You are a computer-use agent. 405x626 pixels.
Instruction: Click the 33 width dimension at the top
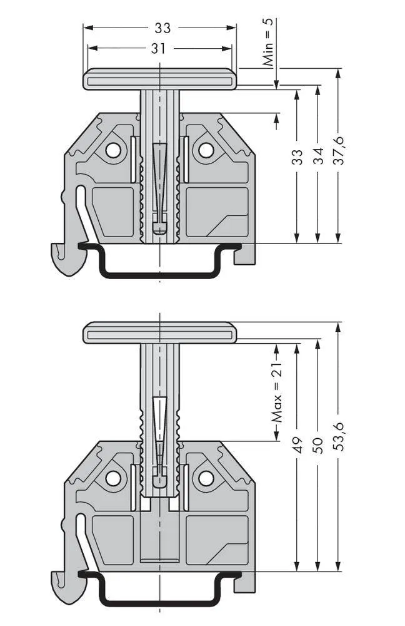[x=162, y=28]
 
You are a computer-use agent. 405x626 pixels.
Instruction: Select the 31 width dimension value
[x=157, y=48]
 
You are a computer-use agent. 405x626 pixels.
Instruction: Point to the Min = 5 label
[x=268, y=43]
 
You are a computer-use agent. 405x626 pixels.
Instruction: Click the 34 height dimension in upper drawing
[x=319, y=156]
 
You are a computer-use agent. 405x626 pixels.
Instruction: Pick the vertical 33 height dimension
[x=298, y=156]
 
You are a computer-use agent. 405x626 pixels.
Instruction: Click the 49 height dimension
[x=298, y=445]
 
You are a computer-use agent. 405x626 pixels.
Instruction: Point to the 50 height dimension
[x=319, y=445]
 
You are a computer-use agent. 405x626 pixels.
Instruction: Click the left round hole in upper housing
[x=113, y=150]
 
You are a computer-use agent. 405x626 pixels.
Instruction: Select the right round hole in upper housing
[x=206, y=150]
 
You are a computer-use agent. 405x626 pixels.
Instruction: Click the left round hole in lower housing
[x=113, y=478]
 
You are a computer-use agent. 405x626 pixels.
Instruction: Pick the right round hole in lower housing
[x=206, y=478]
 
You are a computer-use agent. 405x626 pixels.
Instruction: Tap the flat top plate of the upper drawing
[x=160, y=80]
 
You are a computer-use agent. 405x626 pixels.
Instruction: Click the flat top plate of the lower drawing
[x=160, y=332]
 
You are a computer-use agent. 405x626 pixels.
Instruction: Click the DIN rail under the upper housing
[x=160, y=273]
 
